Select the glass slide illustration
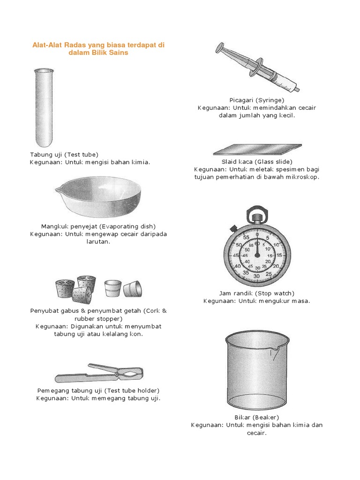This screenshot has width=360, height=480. coord(257,149)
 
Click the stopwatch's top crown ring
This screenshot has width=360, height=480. coord(256,217)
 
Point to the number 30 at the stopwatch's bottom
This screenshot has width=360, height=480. coord(256,276)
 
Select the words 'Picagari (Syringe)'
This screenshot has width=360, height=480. coord(257,100)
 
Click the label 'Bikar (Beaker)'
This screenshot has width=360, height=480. coord(256,417)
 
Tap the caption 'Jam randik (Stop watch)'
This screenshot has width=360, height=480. coord(256,293)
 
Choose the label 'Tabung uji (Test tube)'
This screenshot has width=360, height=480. coord(64,154)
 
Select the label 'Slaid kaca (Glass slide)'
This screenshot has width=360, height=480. coord(256,161)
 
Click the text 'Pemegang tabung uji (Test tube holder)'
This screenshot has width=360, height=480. coord(98,390)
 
